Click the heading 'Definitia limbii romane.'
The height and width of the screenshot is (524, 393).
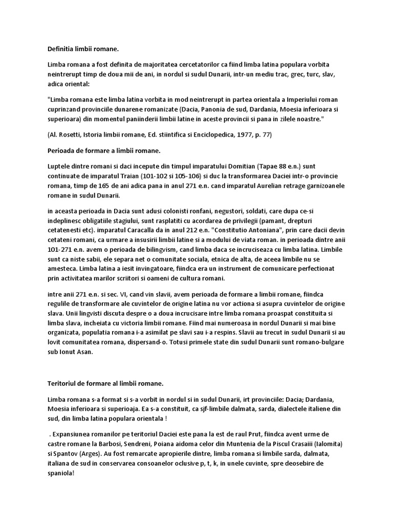83,49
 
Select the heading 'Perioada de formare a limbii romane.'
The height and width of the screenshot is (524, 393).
104,150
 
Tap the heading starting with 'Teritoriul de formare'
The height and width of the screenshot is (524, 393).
105,383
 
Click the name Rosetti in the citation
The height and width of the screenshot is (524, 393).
73,135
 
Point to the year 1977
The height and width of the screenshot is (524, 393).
240,135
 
